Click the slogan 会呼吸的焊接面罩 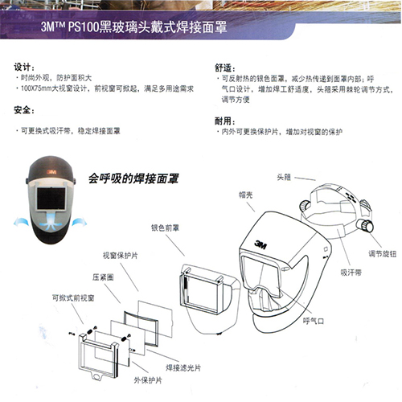(133, 175)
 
